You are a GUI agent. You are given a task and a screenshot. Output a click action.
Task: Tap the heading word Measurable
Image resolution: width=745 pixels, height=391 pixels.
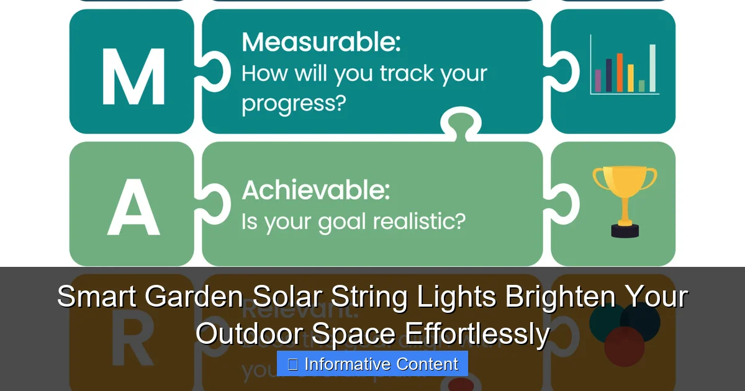[320, 43]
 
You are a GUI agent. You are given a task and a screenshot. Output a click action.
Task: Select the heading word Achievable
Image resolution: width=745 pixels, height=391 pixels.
[315, 190]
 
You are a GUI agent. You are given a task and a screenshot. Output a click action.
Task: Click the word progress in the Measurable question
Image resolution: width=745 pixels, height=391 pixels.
[292, 104]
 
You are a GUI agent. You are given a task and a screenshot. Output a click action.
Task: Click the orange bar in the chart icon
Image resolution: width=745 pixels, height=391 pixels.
[620, 73]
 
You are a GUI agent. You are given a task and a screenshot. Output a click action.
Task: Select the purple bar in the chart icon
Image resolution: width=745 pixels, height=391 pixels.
[598, 81]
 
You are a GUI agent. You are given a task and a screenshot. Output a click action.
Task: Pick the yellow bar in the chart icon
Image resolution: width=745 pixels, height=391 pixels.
[630, 78]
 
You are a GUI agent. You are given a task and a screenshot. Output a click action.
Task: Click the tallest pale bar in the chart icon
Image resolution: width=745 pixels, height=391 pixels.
[652, 68]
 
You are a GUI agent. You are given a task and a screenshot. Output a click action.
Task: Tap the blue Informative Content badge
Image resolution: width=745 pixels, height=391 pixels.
[372, 364]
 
